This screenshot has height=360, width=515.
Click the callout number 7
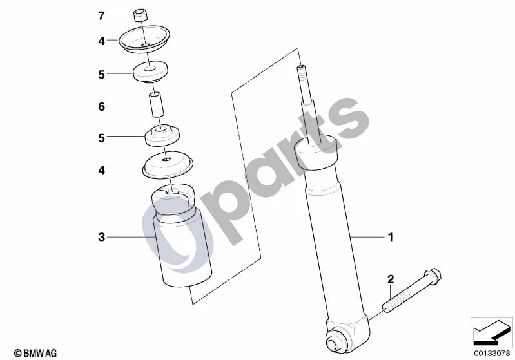coord(101,15)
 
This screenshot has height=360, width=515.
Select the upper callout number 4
coord(101,41)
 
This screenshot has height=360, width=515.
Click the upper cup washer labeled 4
coord(144,39)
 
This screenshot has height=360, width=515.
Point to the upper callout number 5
coord(101,75)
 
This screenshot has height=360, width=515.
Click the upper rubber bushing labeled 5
coord(150,72)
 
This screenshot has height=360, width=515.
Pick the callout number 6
coord(101,106)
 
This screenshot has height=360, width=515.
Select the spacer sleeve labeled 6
coord(157,104)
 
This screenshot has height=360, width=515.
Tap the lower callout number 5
coord(101,138)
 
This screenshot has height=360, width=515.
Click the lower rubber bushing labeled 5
coord(162,135)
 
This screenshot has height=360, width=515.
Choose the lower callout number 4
coord(101,170)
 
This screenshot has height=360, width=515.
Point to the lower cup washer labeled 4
coord(168,165)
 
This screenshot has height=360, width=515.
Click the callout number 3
coord(101,237)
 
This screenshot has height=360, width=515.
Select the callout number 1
coord(391,237)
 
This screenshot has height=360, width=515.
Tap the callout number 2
coord(391,279)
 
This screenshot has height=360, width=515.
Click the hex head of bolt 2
coord(433,277)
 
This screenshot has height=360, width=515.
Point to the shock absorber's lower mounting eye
coord(334,338)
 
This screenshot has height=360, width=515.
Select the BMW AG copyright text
coord(35,353)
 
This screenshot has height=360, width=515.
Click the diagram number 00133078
coord(491,354)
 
